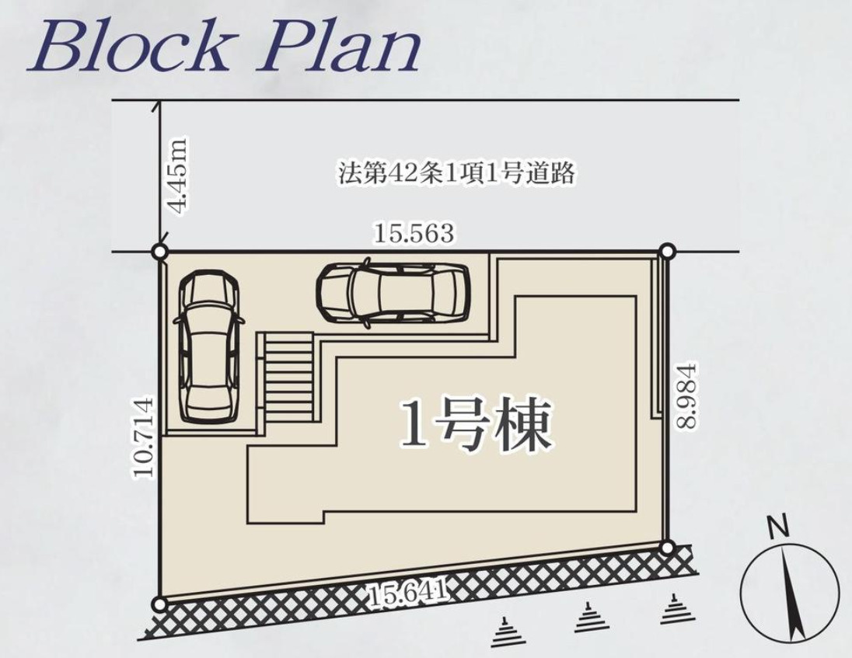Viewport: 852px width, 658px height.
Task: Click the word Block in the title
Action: [128, 48]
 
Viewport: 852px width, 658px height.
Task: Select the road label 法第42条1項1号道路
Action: [457, 172]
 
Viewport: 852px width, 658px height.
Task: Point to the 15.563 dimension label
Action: [413, 233]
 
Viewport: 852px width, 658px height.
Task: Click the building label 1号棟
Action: [476, 425]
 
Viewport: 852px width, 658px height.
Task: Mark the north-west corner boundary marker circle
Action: [159, 252]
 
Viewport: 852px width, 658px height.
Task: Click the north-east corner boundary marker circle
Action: [666, 251]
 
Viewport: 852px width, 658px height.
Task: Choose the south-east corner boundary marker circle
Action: [666, 547]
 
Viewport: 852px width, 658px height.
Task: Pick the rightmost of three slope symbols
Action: [673, 611]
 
